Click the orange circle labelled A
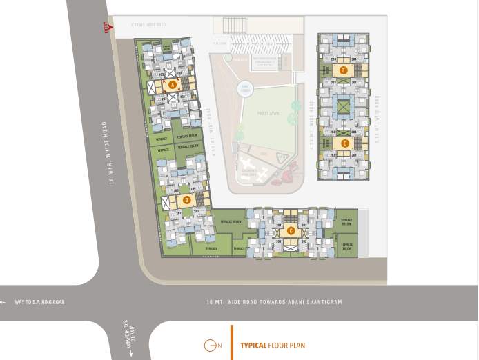point(172,84)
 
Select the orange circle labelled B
point(186,200)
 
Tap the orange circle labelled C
point(291,230)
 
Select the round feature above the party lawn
point(244,88)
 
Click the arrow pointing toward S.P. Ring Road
point(5,302)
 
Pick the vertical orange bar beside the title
point(231,343)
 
